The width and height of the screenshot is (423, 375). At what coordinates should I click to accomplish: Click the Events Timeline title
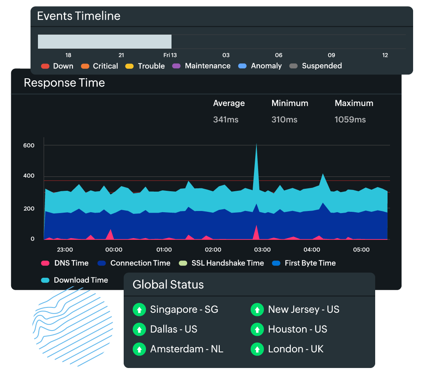coord(79,16)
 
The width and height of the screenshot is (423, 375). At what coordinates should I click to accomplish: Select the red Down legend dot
coord(45,66)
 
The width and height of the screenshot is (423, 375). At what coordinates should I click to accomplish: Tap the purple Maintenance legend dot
coord(176,66)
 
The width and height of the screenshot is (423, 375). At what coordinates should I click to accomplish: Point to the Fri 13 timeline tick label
coord(170,55)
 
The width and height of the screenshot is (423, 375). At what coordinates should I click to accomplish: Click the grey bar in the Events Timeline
coord(105,42)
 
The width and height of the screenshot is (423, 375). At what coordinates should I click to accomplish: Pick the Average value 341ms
coord(226,120)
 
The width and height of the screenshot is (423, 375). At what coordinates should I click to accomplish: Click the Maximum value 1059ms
coord(350,120)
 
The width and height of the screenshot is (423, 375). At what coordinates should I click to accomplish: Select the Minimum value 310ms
coord(284,120)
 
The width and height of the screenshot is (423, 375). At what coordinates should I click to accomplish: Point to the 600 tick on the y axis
coord(29,145)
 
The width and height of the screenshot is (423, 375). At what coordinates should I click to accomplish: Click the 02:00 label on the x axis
coord(213,250)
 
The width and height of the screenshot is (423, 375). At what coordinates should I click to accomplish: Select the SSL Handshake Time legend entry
coord(221,263)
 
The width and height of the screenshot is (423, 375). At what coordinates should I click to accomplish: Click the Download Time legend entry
coord(75,280)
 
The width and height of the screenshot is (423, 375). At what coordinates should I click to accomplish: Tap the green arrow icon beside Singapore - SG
coord(139,309)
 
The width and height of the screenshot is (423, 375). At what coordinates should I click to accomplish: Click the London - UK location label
coord(296,349)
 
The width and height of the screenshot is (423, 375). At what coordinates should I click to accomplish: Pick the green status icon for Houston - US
coord(257,329)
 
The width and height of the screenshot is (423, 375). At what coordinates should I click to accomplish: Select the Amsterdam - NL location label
coord(186,349)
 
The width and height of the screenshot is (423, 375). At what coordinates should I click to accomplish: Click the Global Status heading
coord(168,284)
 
